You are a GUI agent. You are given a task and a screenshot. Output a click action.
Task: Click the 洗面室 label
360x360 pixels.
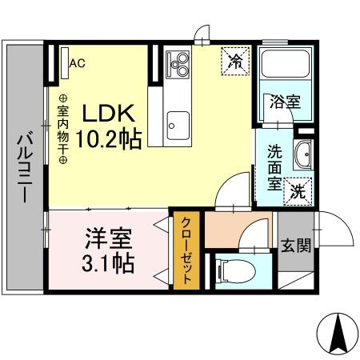click(x=274, y=163)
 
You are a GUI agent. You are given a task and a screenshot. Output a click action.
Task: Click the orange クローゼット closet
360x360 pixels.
click(x=186, y=251)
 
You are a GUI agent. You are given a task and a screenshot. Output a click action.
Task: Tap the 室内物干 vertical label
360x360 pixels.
click(x=62, y=128)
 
